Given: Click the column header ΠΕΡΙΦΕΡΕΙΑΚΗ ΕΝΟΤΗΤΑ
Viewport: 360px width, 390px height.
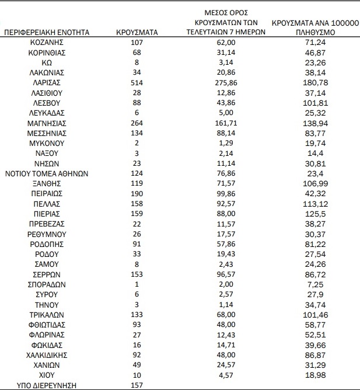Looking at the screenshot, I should click(47, 32).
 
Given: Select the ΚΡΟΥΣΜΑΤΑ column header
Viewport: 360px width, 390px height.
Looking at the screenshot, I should click(138, 32).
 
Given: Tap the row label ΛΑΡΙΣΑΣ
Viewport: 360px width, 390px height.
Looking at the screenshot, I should click(47, 83).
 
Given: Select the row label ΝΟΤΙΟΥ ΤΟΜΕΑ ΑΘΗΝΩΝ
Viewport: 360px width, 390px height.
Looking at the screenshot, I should click(47, 173).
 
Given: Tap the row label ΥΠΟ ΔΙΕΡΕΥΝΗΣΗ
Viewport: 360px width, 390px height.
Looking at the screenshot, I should click(47, 385).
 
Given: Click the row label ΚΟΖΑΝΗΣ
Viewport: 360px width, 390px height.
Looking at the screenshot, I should click(47, 43).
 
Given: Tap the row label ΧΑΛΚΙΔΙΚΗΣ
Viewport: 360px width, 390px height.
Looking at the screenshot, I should click(47, 354).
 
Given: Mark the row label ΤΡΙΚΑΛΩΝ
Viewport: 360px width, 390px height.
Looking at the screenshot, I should click(47, 314).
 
